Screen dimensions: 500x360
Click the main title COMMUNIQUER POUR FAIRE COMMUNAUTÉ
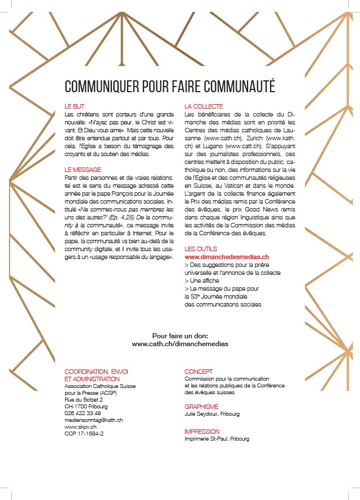(170, 86)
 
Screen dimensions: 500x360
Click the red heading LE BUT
(75, 106)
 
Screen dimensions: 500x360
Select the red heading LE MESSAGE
(83, 170)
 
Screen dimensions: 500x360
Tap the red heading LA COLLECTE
(204, 106)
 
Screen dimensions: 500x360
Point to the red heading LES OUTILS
(201, 249)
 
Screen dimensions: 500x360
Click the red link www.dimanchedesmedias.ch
(227, 257)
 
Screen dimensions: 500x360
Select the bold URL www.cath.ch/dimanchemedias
(180, 343)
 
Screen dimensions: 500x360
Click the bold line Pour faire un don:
(180, 335)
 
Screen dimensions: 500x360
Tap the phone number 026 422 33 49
(83, 413)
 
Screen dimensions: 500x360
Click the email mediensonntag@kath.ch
(94, 420)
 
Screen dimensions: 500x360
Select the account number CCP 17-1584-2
(84, 434)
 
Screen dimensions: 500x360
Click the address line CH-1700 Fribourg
(86, 407)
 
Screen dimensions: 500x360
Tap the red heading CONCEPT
(199, 372)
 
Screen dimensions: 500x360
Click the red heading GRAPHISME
(202, 407)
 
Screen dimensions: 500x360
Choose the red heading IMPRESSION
(202, 432)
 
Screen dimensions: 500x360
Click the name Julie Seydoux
(203, 413)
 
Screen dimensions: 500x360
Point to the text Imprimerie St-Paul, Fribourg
(217, 438)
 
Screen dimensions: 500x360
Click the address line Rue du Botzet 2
(84, 400)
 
